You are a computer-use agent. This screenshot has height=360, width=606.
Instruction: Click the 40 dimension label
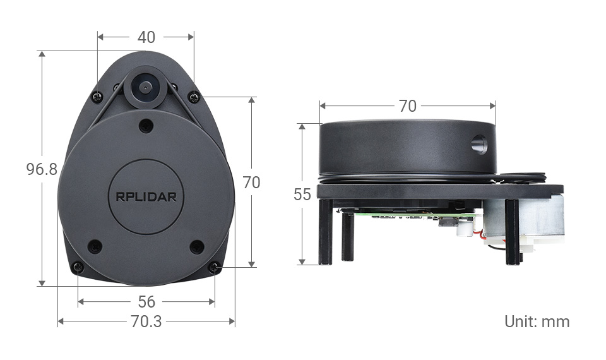(x=146, y=38)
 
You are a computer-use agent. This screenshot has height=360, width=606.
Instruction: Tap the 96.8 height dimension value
(x=42, y=169)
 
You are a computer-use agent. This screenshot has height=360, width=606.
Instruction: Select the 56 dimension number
(x=146, y=302)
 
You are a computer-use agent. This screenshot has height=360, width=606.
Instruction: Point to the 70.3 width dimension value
(x=146, y=321)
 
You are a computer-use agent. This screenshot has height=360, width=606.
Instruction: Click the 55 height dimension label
(x=302, y=195)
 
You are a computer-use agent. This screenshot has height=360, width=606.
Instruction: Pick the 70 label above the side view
(x=408, y=106)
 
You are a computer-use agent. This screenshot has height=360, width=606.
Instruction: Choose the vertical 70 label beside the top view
(x=251, y=183)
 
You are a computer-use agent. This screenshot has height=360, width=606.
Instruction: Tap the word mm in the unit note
(x=555, y=321)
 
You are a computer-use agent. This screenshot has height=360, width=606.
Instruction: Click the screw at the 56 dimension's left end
(x=78, y=267)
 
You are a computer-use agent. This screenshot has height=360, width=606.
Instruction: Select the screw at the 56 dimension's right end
(x=215, y=268)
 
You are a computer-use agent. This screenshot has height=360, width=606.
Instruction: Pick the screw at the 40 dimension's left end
(x=97, y=97)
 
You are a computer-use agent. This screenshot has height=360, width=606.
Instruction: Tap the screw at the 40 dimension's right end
(x=194, y=97)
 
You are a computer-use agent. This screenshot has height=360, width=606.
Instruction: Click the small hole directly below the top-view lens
(x=146, y=124)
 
